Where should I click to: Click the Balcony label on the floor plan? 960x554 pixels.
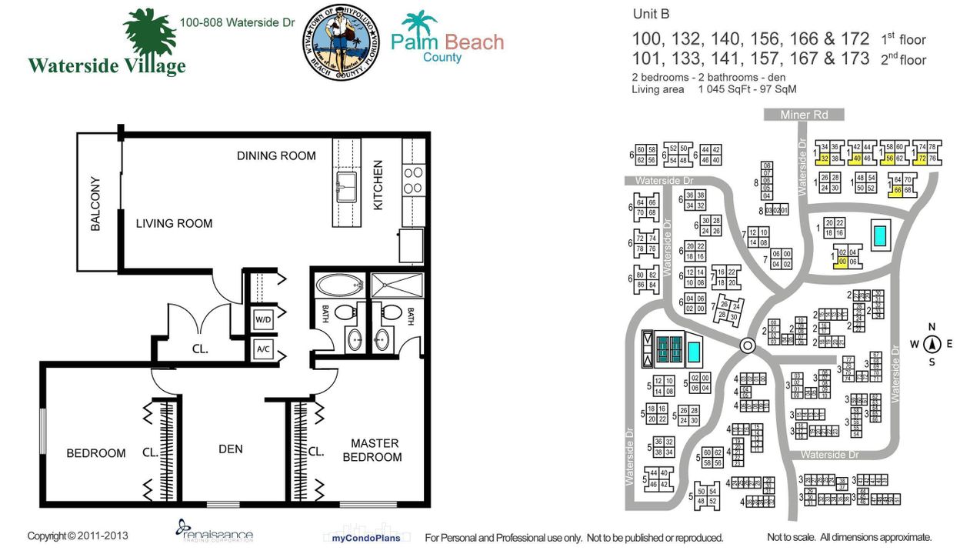pos(95,204)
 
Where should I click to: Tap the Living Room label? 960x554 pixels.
pos(174,224)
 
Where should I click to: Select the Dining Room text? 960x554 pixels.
pos(276,155)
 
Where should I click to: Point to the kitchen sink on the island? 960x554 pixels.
pos(346,185)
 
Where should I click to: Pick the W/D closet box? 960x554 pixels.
pos(263,318)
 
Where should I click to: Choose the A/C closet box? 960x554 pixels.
pos(263,349)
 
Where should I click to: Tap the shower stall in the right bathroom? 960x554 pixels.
pos(397,285)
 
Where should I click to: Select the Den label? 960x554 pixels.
pos(230,449)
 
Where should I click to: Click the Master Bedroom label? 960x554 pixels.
pos(375,450)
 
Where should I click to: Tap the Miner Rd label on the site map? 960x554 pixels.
pos(805,115)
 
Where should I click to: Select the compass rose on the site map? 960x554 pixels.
pos(931,344)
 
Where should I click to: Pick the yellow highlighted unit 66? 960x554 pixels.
pos(897,190)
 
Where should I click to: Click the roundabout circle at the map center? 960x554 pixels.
pos(746,345)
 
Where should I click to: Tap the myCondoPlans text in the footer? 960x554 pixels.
pos(365,537)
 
